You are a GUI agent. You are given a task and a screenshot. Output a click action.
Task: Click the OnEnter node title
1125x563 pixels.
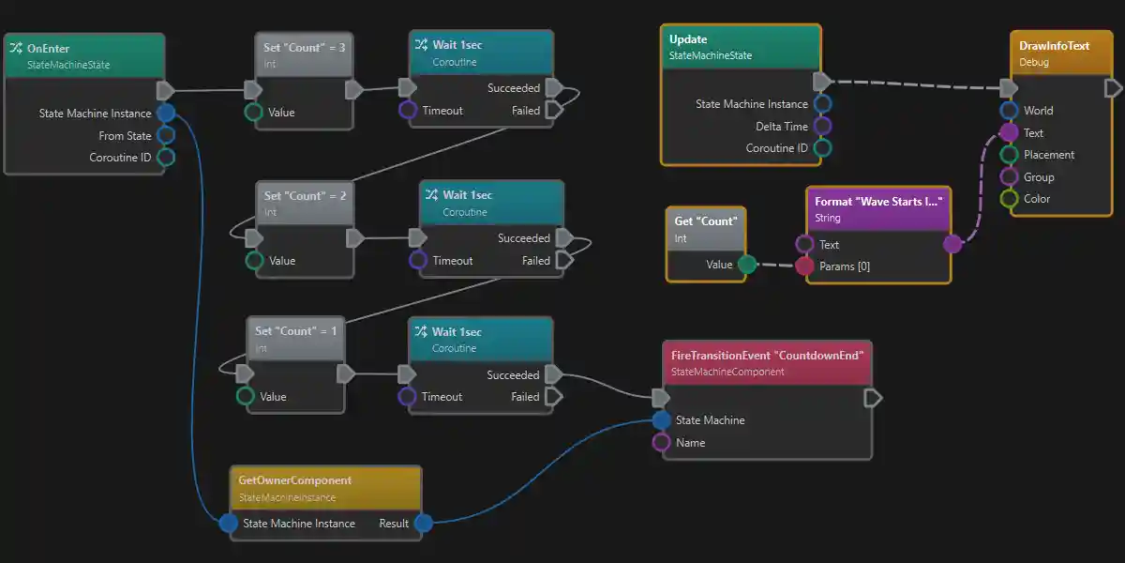[x=49, y=49]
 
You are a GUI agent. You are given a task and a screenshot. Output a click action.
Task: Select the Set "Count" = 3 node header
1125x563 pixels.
[x=305, y=48]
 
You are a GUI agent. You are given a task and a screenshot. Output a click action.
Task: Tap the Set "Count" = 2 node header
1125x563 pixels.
[x=306, y=196]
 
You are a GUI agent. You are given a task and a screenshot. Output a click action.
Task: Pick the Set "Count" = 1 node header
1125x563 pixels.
[x=296, y=331]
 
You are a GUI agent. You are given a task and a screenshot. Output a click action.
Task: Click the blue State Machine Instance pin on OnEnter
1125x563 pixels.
[x=166, y=114]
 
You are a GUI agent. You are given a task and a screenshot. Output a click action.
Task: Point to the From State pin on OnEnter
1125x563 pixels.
[x=166, y=136]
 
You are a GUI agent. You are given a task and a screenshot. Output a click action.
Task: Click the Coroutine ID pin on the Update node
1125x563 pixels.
[x=822, y=148]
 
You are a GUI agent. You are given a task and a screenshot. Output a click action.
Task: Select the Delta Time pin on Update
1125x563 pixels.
[x=822, y=126]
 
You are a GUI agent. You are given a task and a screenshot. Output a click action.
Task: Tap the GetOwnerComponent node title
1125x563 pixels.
[x=295, y=480]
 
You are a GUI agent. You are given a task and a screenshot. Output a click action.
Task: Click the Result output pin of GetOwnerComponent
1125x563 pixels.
[x=423, y=524]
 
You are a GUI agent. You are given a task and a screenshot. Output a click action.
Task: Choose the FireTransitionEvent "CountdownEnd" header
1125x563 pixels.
[x=767, y=356]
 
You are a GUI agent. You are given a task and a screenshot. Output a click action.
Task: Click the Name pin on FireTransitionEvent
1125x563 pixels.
[x=661, y=443]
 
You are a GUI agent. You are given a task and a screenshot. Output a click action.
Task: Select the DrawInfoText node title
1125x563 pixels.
[x=1054, y=46]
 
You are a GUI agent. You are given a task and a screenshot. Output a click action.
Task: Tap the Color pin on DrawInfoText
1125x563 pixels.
[x=1009, y=199]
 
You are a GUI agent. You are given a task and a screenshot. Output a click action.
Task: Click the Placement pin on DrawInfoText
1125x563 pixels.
[x=1009, y=155]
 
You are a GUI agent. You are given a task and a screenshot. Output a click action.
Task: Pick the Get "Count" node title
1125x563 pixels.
[x=706, y=221]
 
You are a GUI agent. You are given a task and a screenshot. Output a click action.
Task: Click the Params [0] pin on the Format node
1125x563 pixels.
[x=804, y=266]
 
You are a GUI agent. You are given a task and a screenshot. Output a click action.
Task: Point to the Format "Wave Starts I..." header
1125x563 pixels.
[x=877, y=202]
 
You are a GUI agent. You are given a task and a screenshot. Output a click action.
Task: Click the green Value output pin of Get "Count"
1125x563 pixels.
[x=746, y=265]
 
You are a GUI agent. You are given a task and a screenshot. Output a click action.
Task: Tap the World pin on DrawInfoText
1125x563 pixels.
[x=1009, y=111]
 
